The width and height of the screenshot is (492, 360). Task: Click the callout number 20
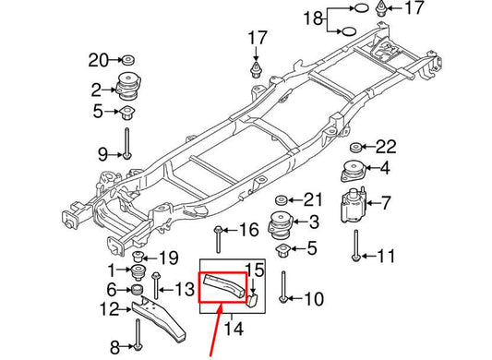pos(99,61)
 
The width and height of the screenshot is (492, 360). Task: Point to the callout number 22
pos(386,147)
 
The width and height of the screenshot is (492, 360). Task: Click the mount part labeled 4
pos(353,172)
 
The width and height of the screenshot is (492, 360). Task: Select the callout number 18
pos(312,18)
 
